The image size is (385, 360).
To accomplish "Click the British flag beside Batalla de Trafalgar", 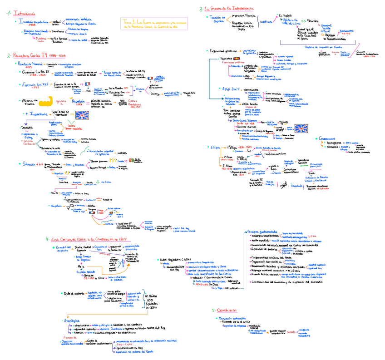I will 84,115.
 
